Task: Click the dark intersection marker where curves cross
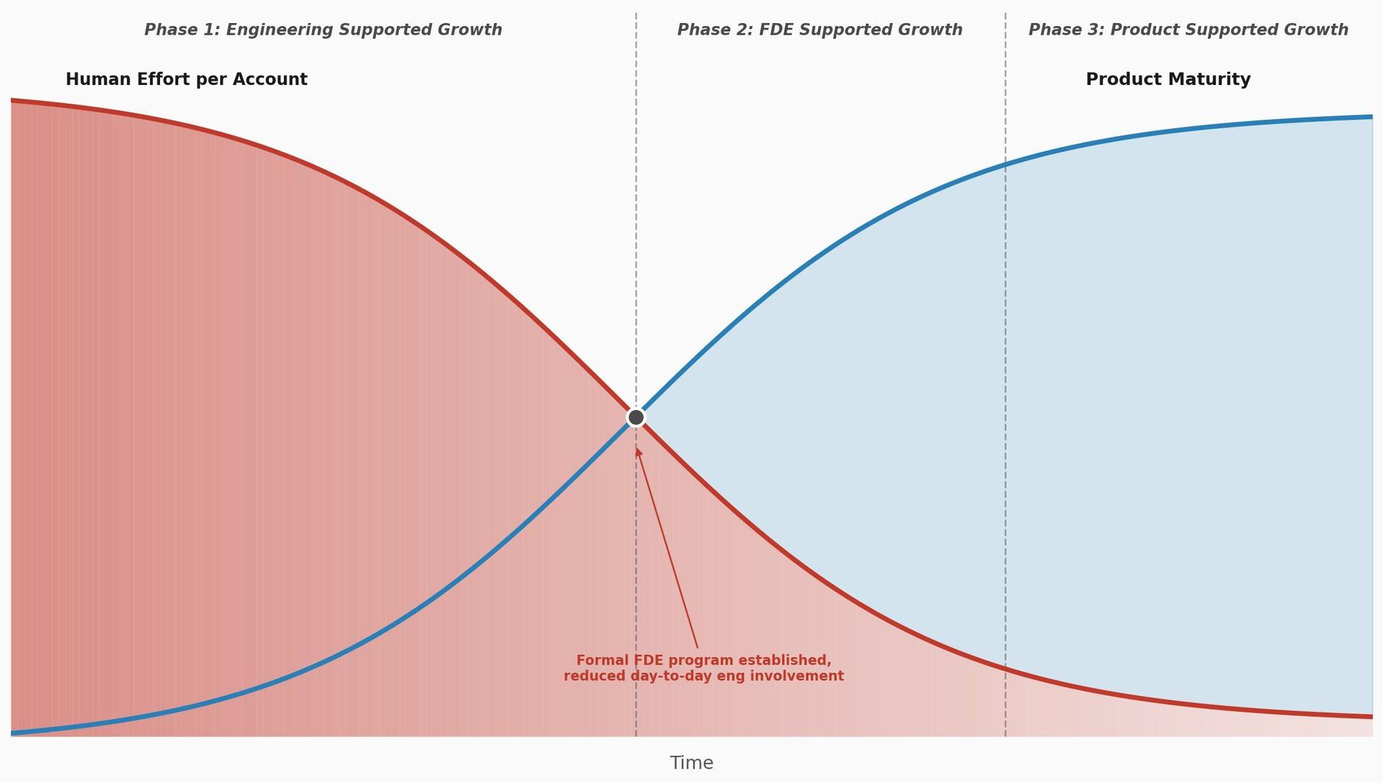[x=635, y=417]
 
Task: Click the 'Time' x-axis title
[x=691, y=763]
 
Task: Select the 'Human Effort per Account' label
[x=186, y=79]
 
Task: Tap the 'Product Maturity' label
[x=1168, y=79]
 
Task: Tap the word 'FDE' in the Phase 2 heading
[x=776, y=30]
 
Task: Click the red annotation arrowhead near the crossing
[x=637, y=452]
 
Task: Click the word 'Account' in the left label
[x=276, y=79]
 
